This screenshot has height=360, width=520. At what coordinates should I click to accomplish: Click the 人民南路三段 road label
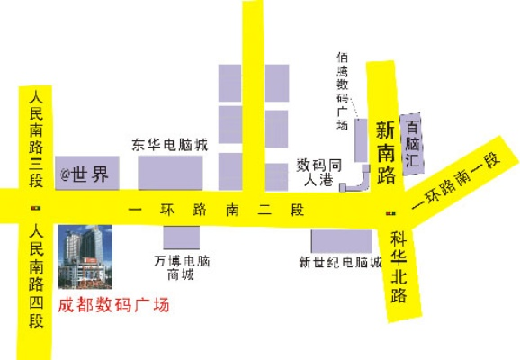coord(36,135)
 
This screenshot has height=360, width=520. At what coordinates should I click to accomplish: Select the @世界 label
coord(84,175)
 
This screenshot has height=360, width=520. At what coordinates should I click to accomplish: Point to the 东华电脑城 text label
coord(170,144)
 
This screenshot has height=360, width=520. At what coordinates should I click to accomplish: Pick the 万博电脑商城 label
coord(181,268)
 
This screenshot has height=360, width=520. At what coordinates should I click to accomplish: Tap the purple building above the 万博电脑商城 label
coord(181,238)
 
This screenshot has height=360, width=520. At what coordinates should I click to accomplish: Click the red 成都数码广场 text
coord(113,306)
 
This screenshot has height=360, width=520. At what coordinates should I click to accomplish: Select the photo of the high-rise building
coord(85,255)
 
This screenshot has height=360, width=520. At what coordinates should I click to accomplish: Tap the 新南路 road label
coord(387,152)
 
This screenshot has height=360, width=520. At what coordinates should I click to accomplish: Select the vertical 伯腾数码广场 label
coord(343,91)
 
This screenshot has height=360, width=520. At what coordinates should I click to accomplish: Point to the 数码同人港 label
coord(319,173)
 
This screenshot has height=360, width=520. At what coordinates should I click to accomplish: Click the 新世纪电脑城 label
coord(341,263)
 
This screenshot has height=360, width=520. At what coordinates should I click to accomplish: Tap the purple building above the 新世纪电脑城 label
coord(341,240)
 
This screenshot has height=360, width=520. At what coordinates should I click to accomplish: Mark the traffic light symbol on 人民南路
coord(36,208)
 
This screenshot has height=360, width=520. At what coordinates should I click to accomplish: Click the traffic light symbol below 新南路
coord(389,213)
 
